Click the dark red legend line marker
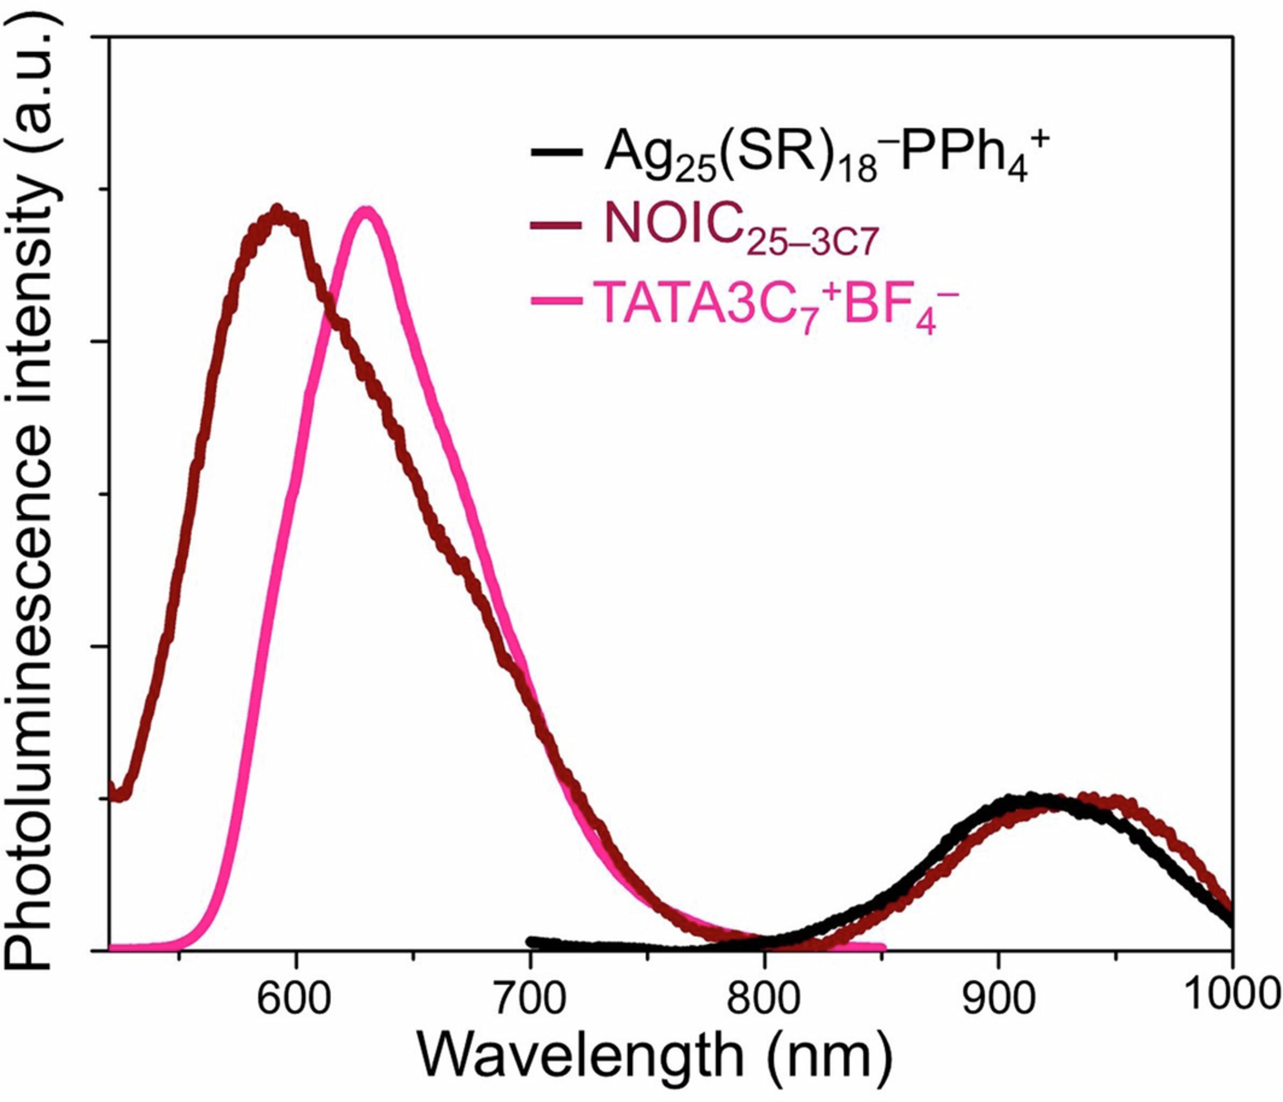(x=556, y=225)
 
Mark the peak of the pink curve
(x=366, y=211)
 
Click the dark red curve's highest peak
(x=278, y=211)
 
